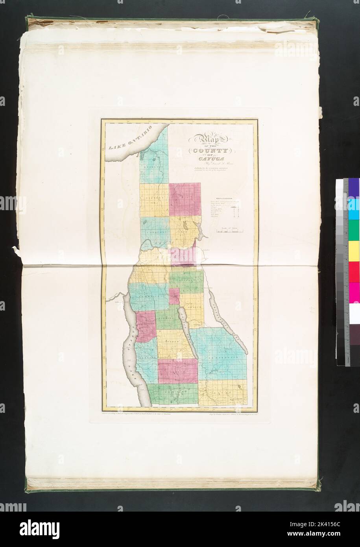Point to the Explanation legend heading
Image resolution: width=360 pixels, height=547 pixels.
click(x=223, y=199)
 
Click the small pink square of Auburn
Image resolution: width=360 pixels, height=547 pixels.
click(x=173, y=296)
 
